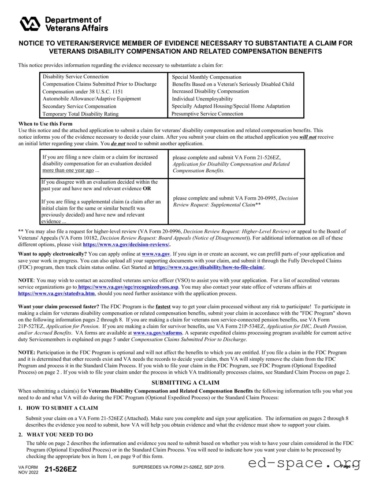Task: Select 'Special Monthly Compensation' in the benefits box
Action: [207, 77]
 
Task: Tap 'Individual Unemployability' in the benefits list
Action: [202, 99]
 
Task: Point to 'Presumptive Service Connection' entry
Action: [207, 114]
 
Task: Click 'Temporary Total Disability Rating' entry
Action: [80, 114]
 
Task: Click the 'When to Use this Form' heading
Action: [45, 124]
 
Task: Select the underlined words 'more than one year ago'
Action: [68, 170]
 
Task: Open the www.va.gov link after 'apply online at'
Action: [156, 254]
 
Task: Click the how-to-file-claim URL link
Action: [208, 267]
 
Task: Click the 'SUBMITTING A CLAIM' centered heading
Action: [186, 383]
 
